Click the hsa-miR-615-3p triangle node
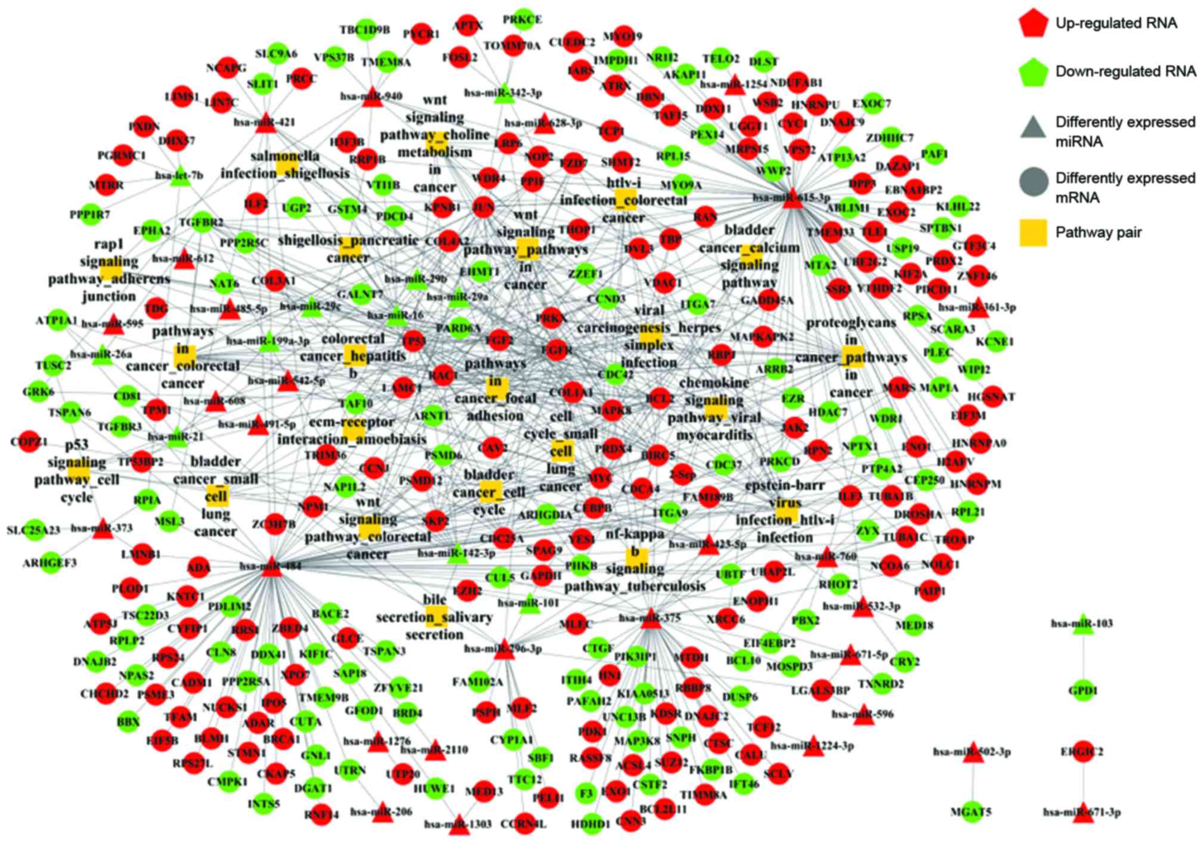pos(792,199)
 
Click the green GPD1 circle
pos(1083,691)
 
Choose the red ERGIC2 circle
pos(1083,752)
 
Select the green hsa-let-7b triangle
pos(179,177)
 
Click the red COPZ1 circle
pos(28,442)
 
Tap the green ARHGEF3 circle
pos(50,563)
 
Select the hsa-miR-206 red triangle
pos(382,813)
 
